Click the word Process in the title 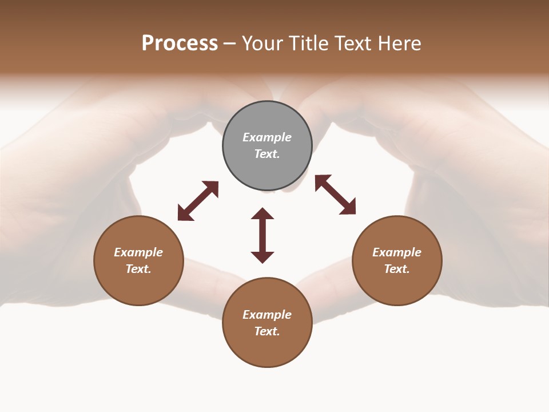click(x=180, y=43)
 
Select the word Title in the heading click(x=308, y=43)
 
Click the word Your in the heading click(x=263, y=43)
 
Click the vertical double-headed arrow click(x=262, y=236)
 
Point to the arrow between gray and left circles click(x=198, y=201)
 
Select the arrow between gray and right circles click(x=335, y=195)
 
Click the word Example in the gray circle click(x=267, y=137)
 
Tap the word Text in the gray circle click(x=267, y=154)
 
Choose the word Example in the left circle click(x=138, y=252)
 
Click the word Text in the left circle click(x=138, y=269)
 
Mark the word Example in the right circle click(x=397, y=252)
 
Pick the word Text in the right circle click(x=397, y=269)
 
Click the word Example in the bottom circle click(x=267, y=315)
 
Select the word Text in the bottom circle click(x=267, y=331)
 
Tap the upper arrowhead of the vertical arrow click(x=262, y=214)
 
